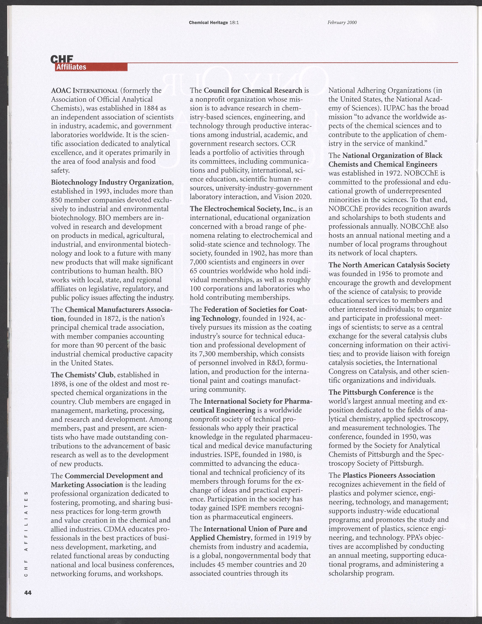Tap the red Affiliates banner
point(91,67)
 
